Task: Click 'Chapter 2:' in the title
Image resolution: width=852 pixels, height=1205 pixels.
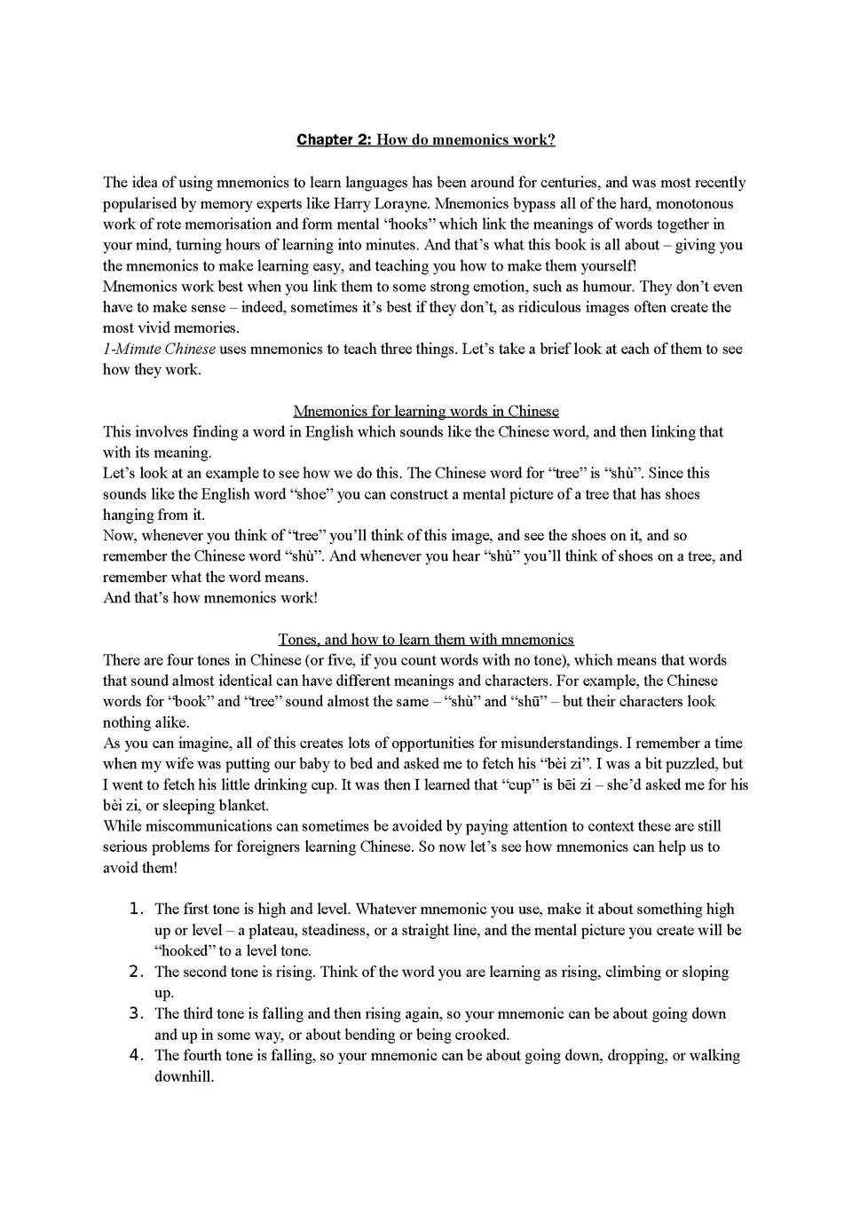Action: (334, 140)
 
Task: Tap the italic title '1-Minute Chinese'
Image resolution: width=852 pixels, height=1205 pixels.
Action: (159, 349)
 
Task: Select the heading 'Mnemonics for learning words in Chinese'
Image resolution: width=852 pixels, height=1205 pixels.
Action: (426, 411)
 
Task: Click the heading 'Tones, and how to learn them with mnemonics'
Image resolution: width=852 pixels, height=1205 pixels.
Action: (426, 639)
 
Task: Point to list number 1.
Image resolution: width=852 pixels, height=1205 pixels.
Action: (136, 909)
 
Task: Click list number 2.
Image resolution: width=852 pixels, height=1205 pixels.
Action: (136, 972)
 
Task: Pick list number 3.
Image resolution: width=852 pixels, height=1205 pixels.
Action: (136, 1013)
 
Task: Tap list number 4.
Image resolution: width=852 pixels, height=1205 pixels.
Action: (136, 1055)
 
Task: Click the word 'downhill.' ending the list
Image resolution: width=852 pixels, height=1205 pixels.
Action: (185, 1077)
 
